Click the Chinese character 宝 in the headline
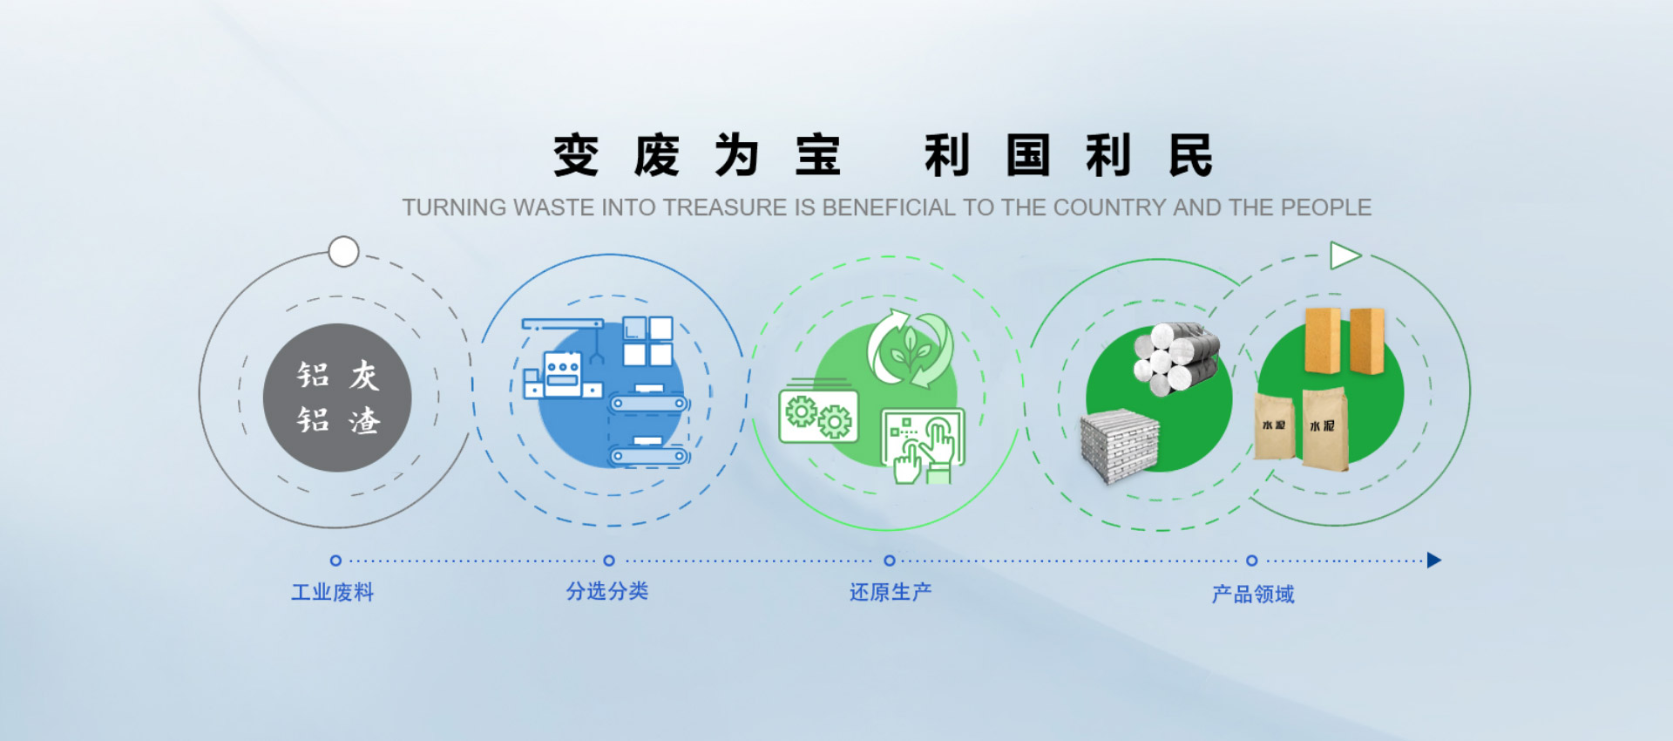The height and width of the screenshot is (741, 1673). click(818, 156)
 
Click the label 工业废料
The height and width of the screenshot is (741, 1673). click(332, 593)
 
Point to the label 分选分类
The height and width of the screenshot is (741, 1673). click(607, 591)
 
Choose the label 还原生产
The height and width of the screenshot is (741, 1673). click(891, 592)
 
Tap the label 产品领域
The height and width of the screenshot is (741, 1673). click(1253, 595)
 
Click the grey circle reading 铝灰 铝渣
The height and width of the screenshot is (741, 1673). click(337, 398)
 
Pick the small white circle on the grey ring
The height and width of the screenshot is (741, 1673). click(344, 252)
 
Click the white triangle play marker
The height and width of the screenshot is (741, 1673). click(1344, 255)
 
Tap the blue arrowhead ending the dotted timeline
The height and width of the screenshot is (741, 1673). click(1434, 561)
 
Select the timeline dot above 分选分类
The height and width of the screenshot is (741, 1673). click(609, 561)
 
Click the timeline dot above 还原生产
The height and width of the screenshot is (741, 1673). click(890, 561)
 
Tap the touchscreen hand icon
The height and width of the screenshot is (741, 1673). click(923, 445)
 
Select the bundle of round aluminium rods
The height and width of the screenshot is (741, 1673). click(1176, 357)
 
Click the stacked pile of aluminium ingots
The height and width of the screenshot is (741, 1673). click(1120, 445)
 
